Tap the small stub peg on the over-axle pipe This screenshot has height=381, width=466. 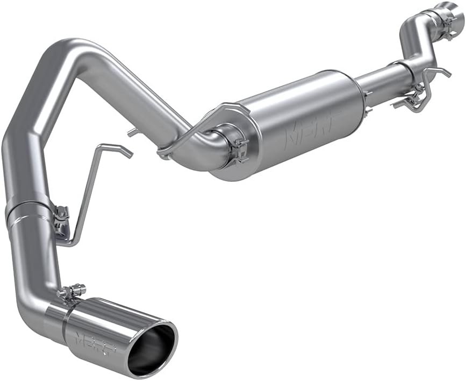click(x=132, y=132)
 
